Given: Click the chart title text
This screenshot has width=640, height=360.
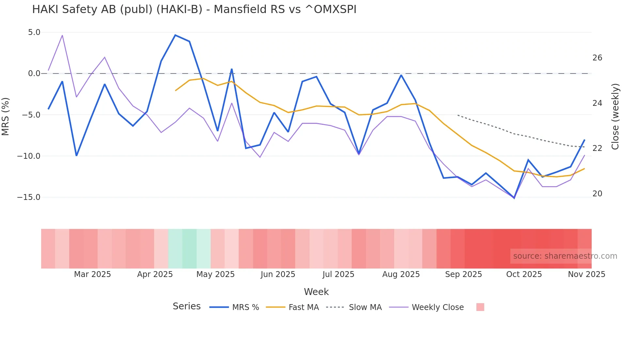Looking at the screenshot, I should pyautogui.click(x=194, y=9).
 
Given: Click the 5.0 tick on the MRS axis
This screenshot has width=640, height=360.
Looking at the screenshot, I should pyautogui.click(x=34, y=32).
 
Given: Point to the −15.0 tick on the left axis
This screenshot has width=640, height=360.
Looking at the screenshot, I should pyautogui.click(x=29, y=197).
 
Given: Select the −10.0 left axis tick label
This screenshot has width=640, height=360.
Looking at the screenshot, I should pyautogui.click(x=29, y=156).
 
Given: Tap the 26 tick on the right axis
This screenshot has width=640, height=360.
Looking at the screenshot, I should pyautogui.click(x=597, y=58).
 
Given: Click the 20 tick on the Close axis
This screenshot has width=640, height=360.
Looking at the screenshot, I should pyautogui.click(x=597, y=194).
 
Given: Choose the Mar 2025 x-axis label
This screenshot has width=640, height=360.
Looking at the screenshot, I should pyautogui.click(x=92, y=274).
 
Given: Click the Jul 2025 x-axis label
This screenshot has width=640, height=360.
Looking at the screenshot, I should pyautogui.click(x=338, y=274).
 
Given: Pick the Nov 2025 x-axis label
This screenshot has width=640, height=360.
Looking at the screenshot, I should pyautogui.click(x=586, y=274).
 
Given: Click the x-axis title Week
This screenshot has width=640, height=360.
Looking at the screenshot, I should pyautogui.click(x=316, y=292).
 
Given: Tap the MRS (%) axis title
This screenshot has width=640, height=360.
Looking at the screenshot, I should pyautogui.click(x=6, y=116).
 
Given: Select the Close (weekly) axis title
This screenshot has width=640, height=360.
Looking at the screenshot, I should pyautogui.click(x=615, y=117).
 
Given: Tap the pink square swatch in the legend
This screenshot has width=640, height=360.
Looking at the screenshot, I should pyautogui.click(x=480, y=307).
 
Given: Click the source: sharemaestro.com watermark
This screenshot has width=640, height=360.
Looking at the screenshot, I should pyautogui.click(x=565, y=256).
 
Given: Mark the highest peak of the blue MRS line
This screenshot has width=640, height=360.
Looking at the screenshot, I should pyautogui.click(x=175, y=35).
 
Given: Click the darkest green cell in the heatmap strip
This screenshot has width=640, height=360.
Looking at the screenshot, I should pyautogui.click(x=189, y=249).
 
